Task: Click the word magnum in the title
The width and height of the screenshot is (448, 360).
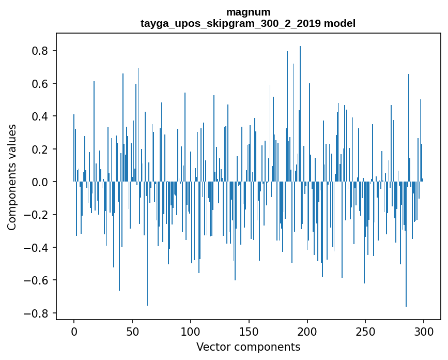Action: (x=248, y=12)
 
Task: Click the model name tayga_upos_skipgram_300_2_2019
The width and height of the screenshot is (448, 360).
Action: (x=230, y=23)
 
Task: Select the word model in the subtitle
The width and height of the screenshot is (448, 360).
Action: (x=339, y=23)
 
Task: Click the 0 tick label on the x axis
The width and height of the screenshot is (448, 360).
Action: (x=74, y=332)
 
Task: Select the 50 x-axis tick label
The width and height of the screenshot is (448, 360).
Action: (x=132, y=332)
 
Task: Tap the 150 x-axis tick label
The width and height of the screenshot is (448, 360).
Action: (x=249, y=332)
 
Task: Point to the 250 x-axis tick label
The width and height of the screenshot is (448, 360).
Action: (x=365, y=332)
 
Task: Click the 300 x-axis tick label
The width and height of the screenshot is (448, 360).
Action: (x=423, y=332)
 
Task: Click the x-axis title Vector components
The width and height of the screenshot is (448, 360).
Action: (x=248, y=347)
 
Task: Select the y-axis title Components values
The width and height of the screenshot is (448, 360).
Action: (x=11, y=177)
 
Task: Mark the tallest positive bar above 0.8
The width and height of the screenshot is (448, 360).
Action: (x=300, y=114)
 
